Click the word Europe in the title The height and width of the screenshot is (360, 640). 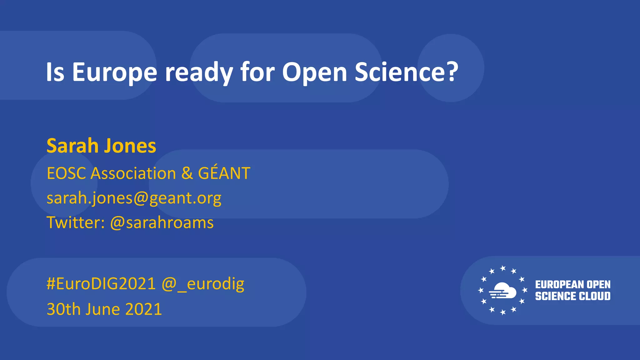tap(114, 72)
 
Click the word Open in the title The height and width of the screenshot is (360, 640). tap(314, 72)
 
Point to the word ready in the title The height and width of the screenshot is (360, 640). tap(199, 72)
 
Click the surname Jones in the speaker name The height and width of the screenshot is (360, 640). tap(130, 146)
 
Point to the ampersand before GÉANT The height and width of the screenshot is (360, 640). tap(187, 173)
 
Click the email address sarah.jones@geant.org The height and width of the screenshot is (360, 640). tap(134, 198)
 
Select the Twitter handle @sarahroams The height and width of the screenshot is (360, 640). tap(162, 222)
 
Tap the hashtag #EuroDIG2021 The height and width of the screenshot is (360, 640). tap(101, 284)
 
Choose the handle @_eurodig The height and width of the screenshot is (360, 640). tap(203, 284)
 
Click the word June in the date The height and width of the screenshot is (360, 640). tap(102, 309)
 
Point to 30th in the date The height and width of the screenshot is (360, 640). tap(63, 309)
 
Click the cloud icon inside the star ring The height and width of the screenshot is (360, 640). tap(503, 290)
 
